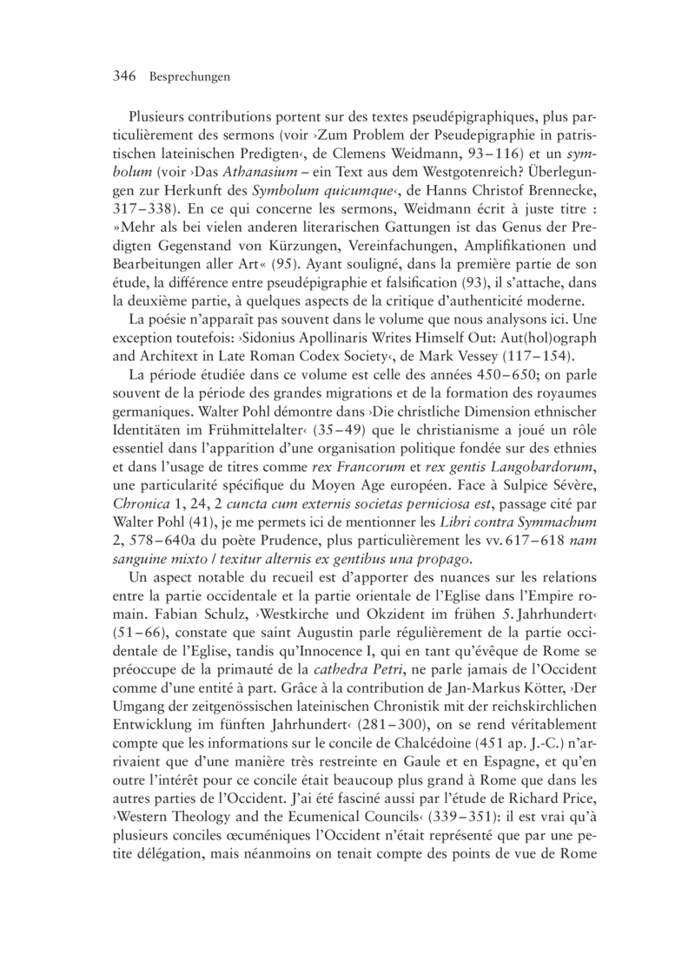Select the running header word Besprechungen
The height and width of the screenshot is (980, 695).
click(x=189, y=77)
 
